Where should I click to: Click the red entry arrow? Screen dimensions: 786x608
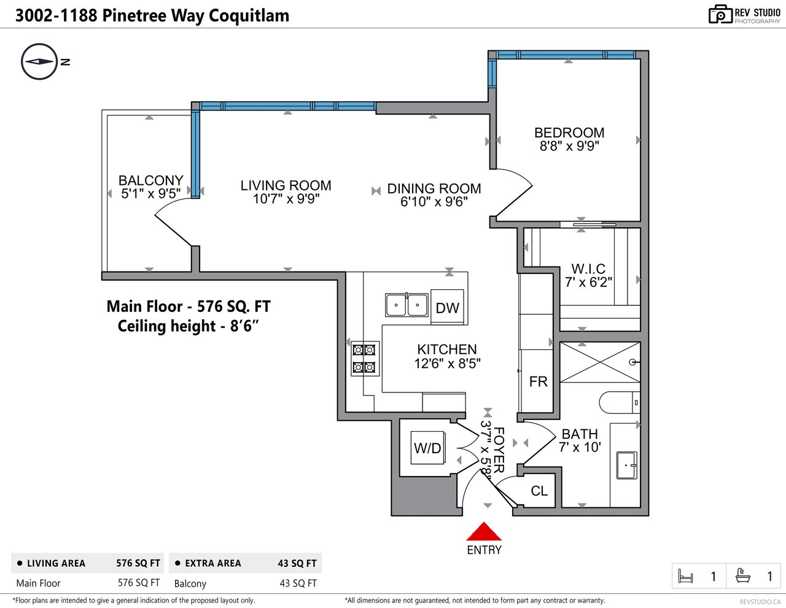click(x=484, y=531)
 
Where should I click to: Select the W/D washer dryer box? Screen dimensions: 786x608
click(x=427, y=448)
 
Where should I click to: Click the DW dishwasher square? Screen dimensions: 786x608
click(x=447, y=307)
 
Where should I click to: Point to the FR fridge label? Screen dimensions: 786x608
click(x=539, y=381)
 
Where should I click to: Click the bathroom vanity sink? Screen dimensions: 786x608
click(x=626, y=465)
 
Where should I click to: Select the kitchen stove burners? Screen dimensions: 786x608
click(x=365, y=359)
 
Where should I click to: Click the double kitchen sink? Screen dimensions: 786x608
click(x=407, y=305)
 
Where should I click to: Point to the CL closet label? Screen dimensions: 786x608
click(x=539, y=491)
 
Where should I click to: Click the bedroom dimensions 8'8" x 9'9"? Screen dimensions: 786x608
click(x=569, y=146)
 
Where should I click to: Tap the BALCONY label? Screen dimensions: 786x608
click(x=151, y=180)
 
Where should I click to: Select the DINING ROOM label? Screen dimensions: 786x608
click(x=434, y=189)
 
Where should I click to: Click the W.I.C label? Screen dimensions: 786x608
click(x=588, y=269)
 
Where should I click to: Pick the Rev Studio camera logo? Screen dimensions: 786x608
click(x=720, y=14)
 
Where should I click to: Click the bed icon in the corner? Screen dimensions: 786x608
click(x=685, y=576)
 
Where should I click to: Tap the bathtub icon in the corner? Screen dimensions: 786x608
click(x=743, y=575)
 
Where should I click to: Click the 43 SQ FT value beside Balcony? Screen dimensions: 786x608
click(x=298, y=583)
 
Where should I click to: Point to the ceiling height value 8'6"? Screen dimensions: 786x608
click(x=244, y=326)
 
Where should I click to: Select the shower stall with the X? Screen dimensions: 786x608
click(x=600, y=362)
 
